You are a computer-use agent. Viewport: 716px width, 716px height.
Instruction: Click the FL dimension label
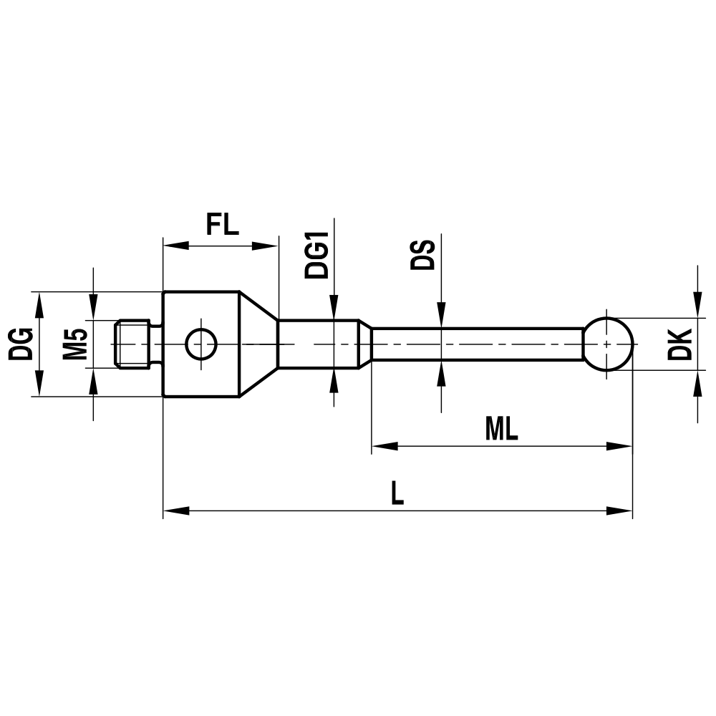click(221, 224)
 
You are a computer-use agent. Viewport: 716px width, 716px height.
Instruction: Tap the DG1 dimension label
click(316, 254)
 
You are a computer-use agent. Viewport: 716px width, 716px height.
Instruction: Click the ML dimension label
click(501, 429)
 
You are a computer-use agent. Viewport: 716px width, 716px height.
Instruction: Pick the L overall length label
click(397, 493)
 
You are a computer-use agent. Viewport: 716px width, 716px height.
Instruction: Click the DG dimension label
click(21, 344)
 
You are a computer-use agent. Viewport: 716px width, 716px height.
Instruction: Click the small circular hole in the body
click(200, 344)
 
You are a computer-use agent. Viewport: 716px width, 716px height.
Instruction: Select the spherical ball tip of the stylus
click(608, 344)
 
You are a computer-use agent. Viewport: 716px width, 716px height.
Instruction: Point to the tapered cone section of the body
click(258, 344)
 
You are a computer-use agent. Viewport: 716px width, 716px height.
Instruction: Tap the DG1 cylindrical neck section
click(319, 344)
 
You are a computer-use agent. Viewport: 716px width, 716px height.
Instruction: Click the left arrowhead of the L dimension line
click(175, 511)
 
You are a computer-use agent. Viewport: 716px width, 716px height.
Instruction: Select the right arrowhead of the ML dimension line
click(621, 447)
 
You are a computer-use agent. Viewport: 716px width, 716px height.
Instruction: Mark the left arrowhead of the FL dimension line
click(175, 246)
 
